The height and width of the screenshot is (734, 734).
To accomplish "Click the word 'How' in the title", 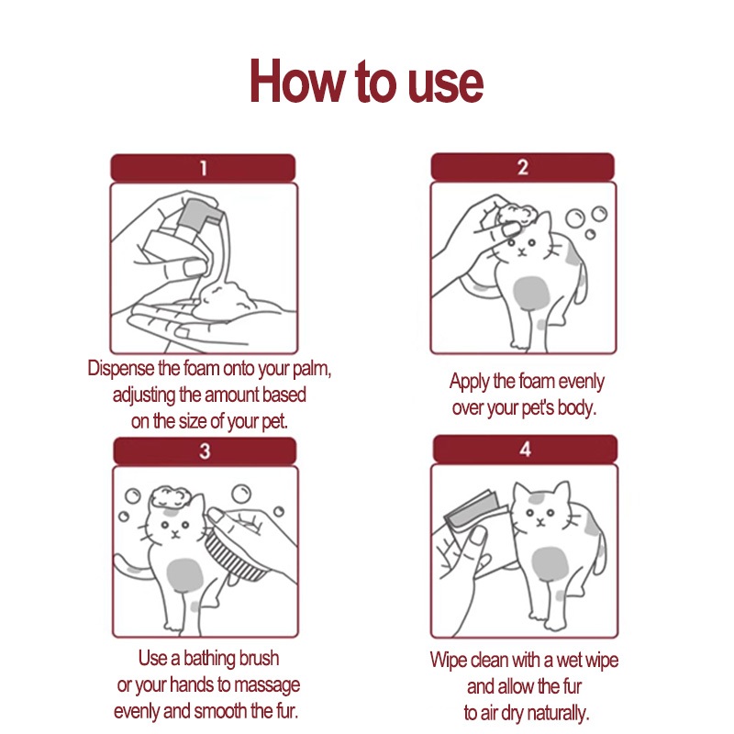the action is pos(296,81).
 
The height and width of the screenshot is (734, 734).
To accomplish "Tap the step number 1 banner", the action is pos(203,168).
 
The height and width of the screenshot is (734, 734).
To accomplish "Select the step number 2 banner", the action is pos(522,167).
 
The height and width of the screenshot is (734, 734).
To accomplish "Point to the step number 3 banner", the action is pos(205,450).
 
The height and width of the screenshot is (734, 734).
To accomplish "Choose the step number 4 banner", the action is pos(525,449).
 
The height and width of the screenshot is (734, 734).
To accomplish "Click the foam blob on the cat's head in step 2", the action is pos(516,215).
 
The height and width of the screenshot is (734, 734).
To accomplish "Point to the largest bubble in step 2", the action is pos(575,218).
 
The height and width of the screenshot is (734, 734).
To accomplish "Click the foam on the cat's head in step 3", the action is pos(170,496).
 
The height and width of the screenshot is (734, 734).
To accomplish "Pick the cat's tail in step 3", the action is pos(134,567).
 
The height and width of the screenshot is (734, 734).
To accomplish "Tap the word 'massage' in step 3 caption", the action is pos(267,685).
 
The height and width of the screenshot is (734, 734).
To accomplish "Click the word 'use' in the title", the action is pos(445,84).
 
